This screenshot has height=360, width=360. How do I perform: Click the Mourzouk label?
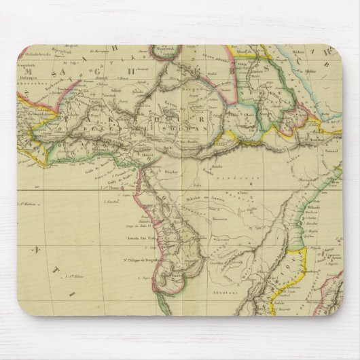tap(167, 52)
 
